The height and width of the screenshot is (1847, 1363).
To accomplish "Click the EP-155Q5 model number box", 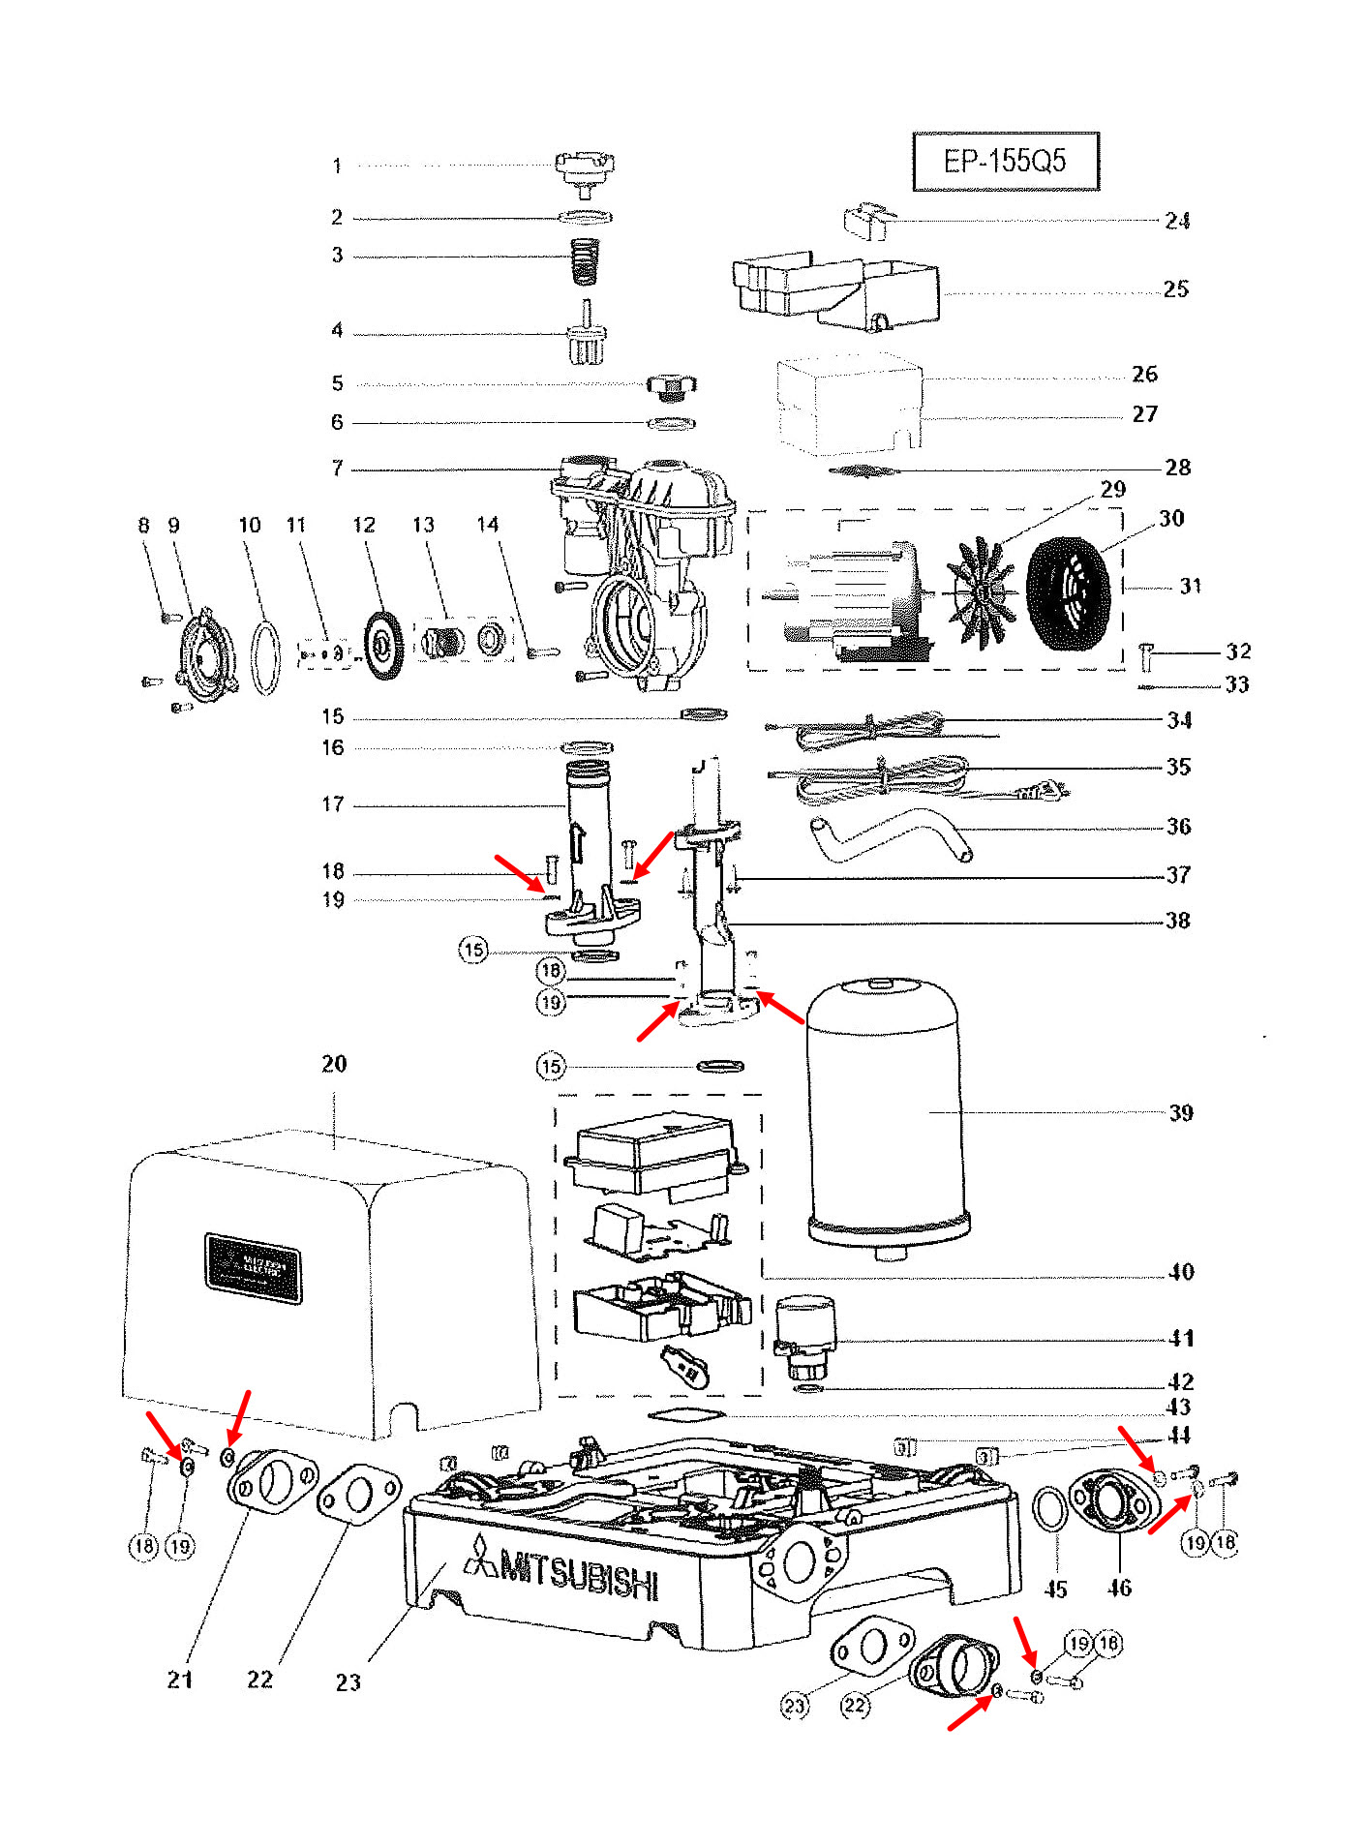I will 1005,161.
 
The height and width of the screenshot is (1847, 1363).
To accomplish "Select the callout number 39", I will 1180,1112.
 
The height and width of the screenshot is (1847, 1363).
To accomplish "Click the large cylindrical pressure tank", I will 885,1113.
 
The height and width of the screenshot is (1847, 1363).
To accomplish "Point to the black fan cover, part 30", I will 1067,593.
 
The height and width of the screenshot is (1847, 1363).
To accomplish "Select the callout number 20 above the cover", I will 334,1064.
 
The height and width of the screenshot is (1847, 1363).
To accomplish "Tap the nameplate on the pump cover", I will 253,1267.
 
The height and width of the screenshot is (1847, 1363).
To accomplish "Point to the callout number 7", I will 337,469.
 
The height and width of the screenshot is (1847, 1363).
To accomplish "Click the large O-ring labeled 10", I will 265,658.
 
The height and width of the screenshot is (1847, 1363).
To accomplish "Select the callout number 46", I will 1119,1588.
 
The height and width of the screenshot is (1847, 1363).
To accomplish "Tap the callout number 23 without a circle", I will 348,1681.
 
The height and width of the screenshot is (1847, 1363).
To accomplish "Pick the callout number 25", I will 1175,289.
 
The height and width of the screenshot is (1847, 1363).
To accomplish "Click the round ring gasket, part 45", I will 1051,1509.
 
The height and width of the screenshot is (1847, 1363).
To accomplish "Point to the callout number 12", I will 363,525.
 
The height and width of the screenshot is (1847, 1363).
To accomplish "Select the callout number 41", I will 1181,1338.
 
